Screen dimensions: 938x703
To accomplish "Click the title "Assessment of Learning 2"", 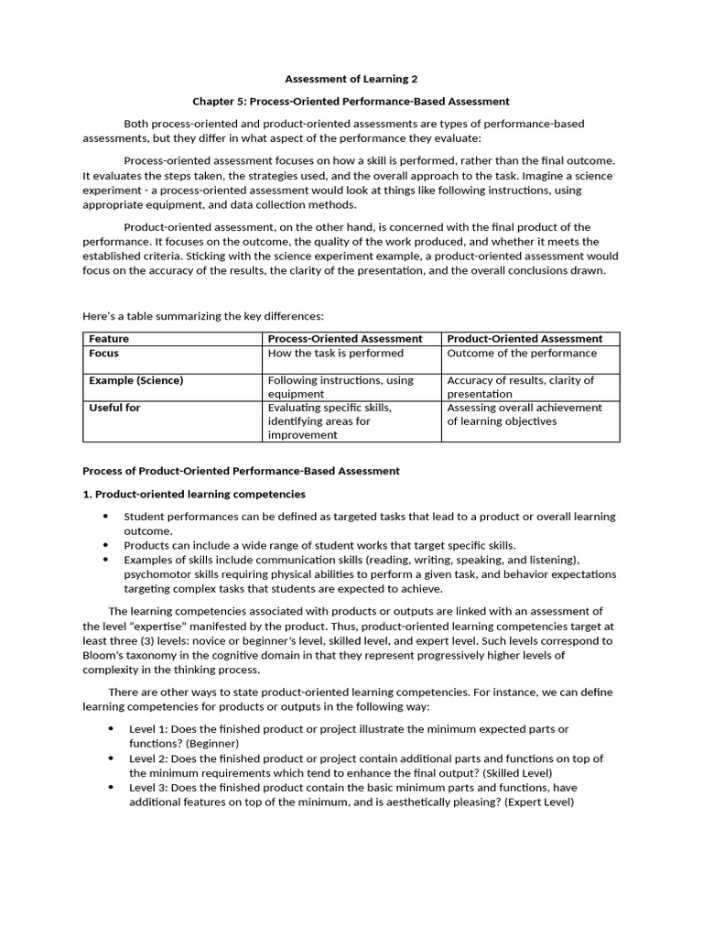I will click(351, 80).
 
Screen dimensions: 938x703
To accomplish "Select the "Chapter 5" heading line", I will click(351, 102).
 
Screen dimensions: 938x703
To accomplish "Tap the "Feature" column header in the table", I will click(109, 339).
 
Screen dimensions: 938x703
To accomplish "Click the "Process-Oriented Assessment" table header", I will click(345, 339).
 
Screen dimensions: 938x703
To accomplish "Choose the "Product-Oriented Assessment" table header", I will click(525, 339).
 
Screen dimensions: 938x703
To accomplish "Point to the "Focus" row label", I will click(103, 354).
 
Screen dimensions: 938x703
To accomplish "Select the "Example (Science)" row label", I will click(135, 381).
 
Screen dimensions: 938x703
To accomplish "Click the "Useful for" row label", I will click(114, 409).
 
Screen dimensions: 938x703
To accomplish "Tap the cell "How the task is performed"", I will click(335, 354).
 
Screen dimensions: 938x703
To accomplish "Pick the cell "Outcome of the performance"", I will click(522, 354).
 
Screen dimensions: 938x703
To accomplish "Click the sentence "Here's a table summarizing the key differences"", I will click(203, 316).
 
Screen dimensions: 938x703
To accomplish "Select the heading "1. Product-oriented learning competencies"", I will click(194, 494).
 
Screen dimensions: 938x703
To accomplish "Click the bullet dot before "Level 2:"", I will click(111, 758).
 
